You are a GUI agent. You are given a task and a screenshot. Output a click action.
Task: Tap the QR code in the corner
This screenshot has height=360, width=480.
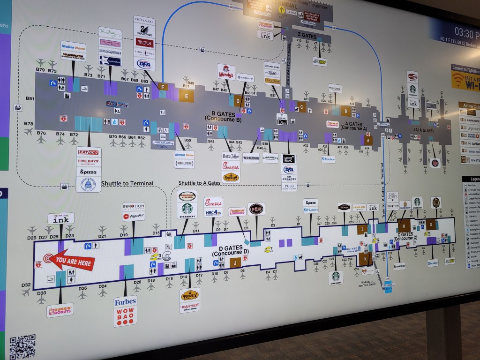(22, 347)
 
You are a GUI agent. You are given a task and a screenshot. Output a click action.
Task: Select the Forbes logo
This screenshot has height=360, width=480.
(125, 302)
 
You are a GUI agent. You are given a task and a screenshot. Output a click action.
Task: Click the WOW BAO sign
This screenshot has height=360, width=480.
(125, 317)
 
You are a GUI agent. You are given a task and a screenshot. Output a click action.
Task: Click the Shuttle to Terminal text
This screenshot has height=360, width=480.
(127, 184)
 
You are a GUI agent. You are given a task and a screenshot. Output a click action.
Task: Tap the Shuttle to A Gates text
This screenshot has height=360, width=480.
(199, 183)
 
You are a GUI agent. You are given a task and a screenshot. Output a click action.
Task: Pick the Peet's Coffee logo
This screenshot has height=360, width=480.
(231, 156)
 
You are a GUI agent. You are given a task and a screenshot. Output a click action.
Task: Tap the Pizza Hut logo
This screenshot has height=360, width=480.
(133, 217)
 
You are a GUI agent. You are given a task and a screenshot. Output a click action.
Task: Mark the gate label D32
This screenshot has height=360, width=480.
(26, 285)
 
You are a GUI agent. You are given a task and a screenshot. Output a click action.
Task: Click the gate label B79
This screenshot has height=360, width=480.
(40, 70)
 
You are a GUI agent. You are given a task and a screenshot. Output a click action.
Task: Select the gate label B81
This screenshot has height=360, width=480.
(30, 99)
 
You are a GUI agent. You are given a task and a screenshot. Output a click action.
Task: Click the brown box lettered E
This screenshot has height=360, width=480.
(186, 96)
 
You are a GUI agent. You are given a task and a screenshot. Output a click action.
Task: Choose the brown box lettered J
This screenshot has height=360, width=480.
(235, 262)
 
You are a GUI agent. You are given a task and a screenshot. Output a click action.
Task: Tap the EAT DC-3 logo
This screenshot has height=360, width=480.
(88, 152)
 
